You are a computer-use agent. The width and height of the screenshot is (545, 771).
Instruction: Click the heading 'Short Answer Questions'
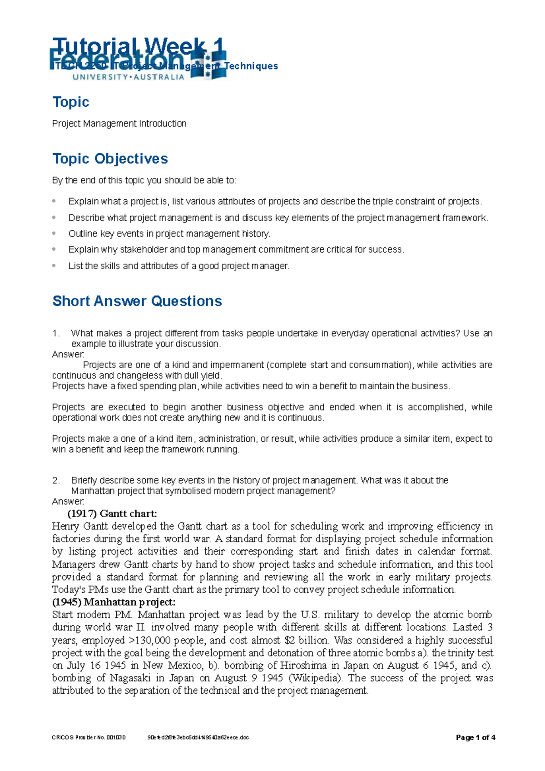pos(137,301)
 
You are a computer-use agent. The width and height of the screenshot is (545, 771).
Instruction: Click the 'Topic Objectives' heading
pos(110,158)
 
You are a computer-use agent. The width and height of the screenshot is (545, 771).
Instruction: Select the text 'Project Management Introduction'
pos(119,124)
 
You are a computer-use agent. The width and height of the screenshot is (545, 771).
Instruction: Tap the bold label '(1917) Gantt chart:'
pos(112,514)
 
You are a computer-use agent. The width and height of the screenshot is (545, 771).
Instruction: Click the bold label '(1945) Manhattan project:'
pos(114,602)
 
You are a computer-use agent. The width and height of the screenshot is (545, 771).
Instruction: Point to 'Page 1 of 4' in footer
pos(475,737)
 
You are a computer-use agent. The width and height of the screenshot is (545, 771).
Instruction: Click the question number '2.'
pos(56,480)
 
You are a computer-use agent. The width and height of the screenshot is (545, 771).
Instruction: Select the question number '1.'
pos(56,333)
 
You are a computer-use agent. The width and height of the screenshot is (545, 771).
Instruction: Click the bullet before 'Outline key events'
pos(54,233)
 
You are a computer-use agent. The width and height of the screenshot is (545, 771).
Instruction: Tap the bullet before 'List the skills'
pos(54,266)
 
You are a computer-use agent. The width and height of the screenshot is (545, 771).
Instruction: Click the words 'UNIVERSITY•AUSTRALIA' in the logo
pos(129,77)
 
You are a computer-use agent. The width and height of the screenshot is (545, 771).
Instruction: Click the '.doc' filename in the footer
pos(198,738)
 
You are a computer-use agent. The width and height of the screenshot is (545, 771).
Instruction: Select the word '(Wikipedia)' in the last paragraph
pos(316,678)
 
